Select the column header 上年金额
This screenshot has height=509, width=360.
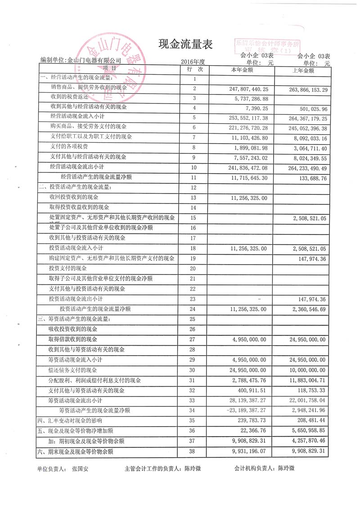pos(303,71)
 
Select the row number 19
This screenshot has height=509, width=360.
pos(194,258)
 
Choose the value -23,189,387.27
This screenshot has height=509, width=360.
pos(245,410)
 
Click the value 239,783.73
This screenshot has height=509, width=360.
pos(251,421)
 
